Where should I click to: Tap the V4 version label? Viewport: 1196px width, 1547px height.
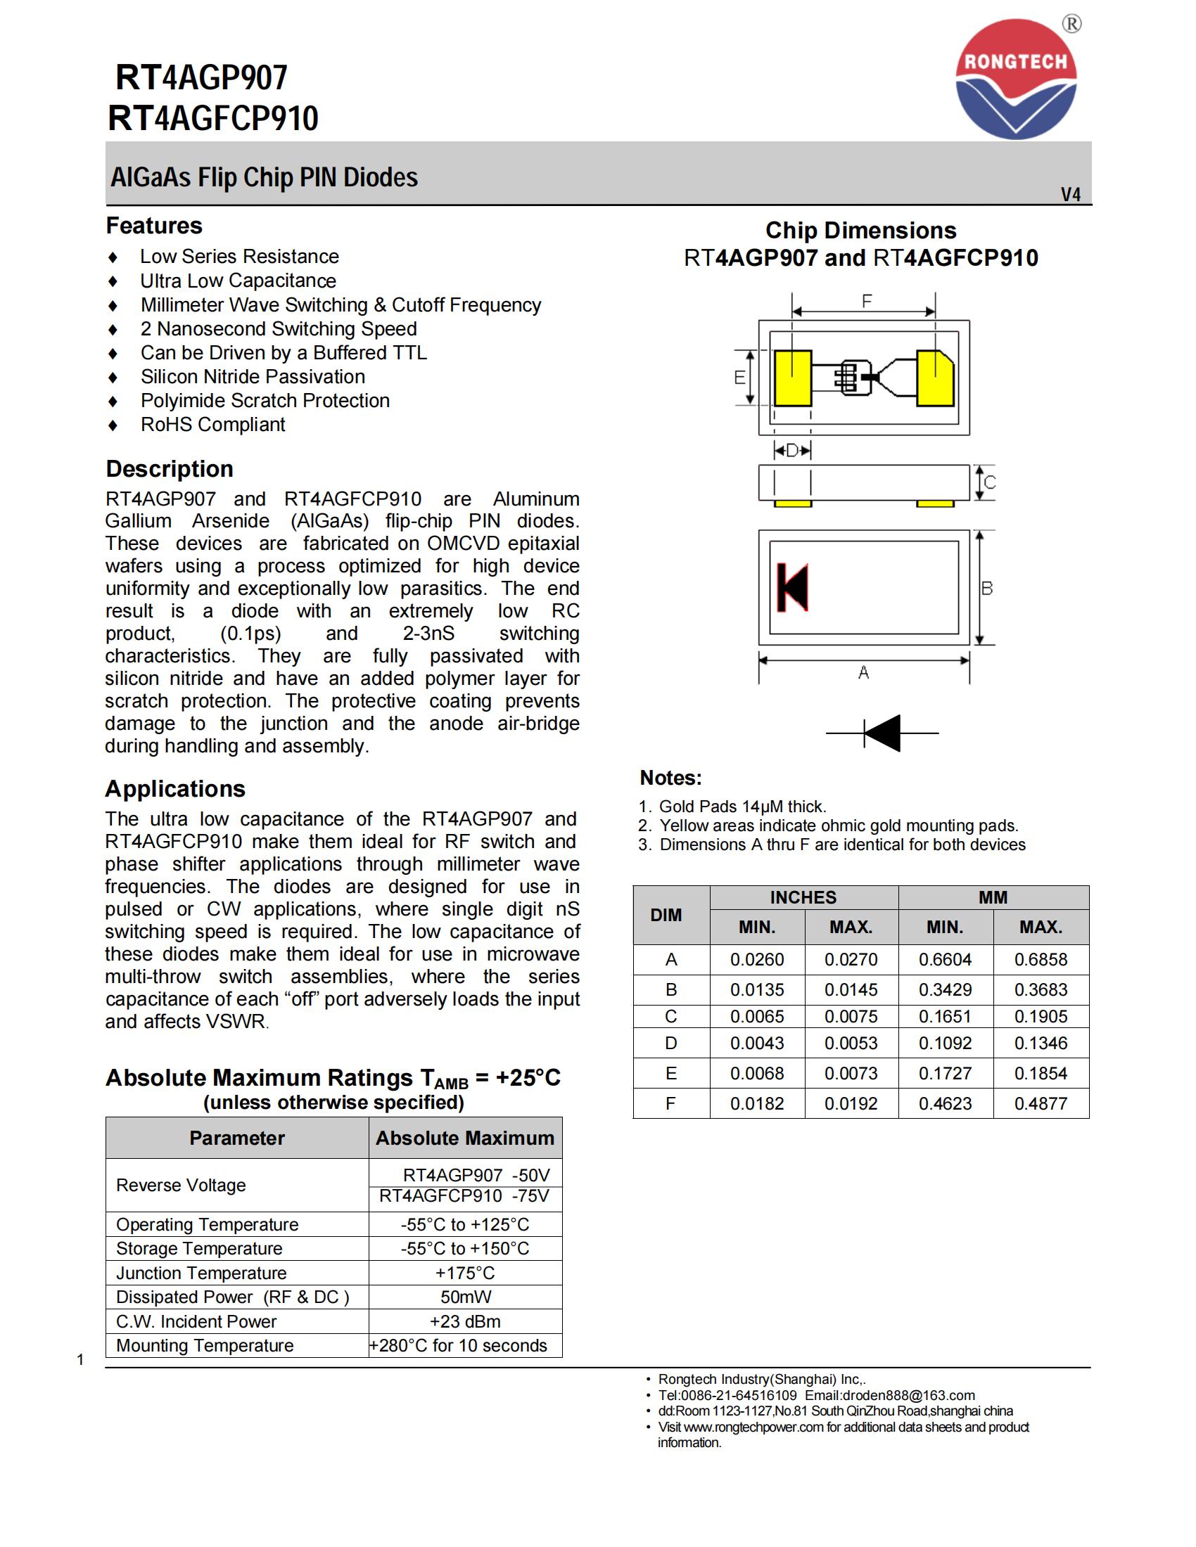click(x=1070, y=194)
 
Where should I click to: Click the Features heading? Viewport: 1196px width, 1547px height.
click(x=154, y=225)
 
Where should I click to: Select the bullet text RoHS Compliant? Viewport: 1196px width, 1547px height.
click(x=212, y=424)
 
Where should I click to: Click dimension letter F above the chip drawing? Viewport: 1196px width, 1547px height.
click(x=867, y=301)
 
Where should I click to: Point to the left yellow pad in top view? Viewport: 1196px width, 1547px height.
click(x=792, y=378)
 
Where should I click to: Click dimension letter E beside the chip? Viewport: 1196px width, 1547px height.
click(x=739, y=378)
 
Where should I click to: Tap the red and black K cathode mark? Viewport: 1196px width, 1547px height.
click(x=792, y=587)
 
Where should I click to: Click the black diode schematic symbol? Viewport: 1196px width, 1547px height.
click(x=882, y=733)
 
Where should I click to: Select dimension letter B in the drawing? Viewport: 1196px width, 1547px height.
click(x=987, y=588)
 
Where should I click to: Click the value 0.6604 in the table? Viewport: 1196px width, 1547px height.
click(x=945, y=959)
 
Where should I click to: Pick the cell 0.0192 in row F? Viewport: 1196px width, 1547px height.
click(x=851, y=1103)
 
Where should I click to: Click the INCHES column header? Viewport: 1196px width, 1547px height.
click(x=803, y=897)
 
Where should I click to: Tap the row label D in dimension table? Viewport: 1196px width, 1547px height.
click(x=670, y=1043)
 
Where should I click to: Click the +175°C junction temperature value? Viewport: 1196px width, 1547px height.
click(x=465, y=1273)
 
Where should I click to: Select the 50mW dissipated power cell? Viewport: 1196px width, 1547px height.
click(x=465, y=1297)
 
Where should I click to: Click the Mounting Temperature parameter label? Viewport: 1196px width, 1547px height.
click(x=205, y=1345)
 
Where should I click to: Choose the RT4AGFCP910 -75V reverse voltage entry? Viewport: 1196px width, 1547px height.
click(x=464, y=1196)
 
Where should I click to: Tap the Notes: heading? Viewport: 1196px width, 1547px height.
click(x=670, y=778)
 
